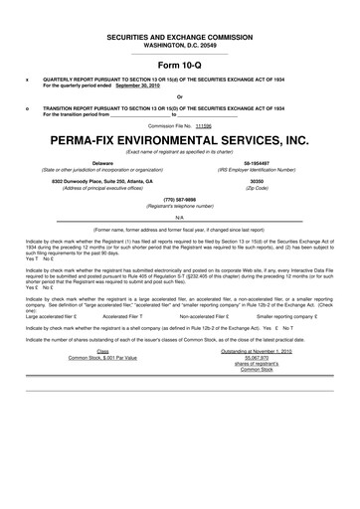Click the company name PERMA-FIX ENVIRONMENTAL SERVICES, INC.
[179, 141]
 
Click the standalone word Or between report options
[180, 96]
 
